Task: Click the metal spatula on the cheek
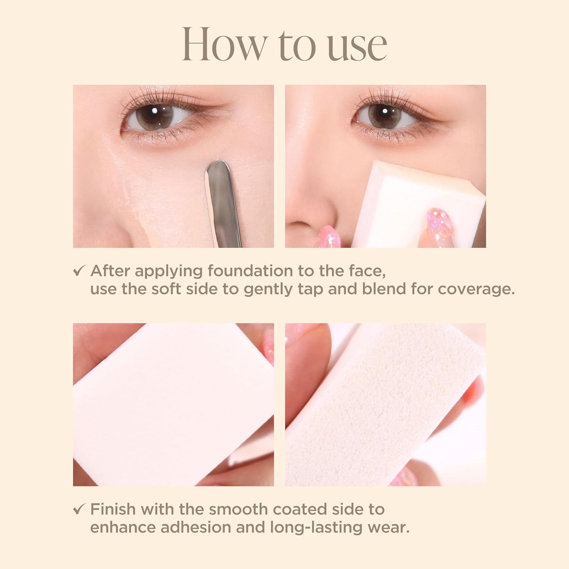[222, 201]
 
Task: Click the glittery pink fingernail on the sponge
[440, 222]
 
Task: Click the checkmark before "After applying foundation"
[79, 271]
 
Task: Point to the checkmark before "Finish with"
[79, 509]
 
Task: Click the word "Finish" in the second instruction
[113, 509]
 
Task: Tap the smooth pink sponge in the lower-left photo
[169, 406]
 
